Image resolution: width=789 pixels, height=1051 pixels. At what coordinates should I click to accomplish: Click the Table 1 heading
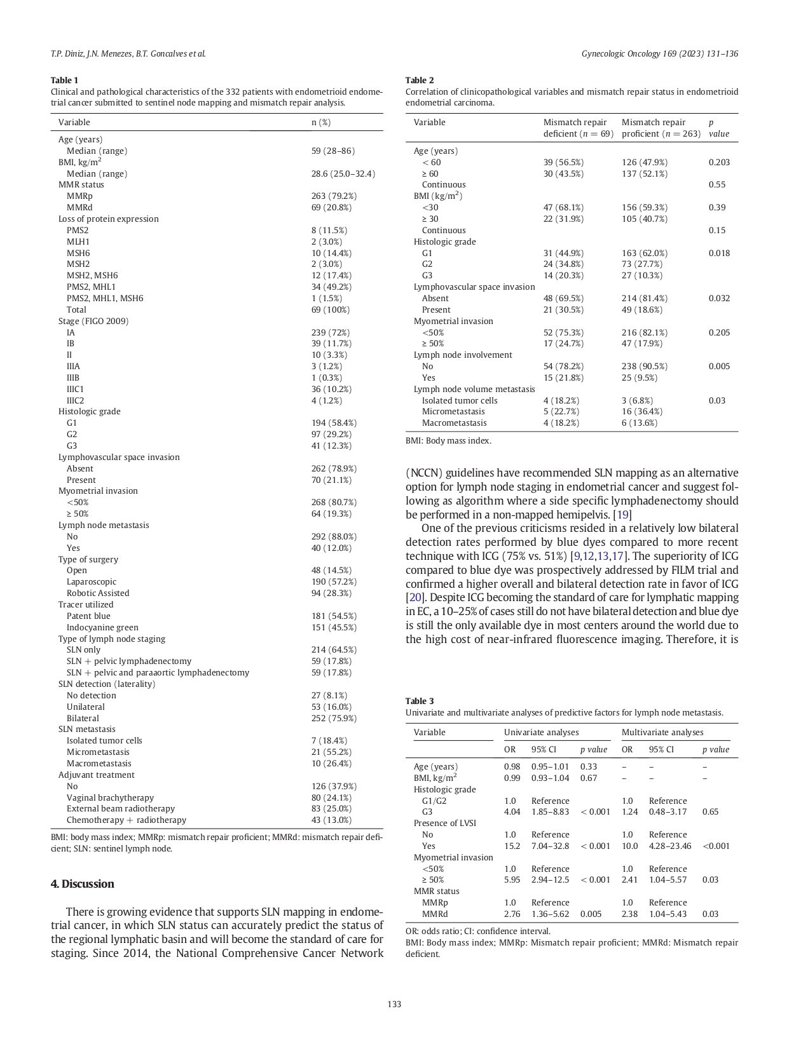pyautogui.click(x=64, y=80)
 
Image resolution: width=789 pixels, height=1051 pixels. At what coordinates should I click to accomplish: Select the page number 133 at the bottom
pyautogui.click(x=394, y=1005)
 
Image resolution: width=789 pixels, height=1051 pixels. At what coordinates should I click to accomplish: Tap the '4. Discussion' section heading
pyautogui.click(x=83, y=884)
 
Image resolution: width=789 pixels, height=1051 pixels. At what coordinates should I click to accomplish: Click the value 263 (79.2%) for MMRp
pyautogui.click(x=334, y=196)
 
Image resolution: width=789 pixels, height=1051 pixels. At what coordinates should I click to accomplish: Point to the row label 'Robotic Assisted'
pyautogui.click(x=98, y=593)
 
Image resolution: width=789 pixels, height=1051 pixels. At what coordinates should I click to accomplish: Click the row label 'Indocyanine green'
pyautogui.click(x=102, y=628)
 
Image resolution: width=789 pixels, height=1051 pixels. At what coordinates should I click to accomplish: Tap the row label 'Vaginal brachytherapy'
pyautogui.click(x=110, y=798)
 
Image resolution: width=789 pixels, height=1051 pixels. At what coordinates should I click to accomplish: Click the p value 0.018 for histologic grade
pyautogui.click(x=719, y=254)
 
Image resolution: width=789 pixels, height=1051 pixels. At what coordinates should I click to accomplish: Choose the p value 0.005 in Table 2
pyautogui.click(x=719, y=367)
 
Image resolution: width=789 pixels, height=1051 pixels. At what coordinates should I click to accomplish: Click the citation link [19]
pyautogui.click(x=622, y=515)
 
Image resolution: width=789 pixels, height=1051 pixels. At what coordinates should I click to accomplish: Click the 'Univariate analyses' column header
pyautogui.click(x=541, y=733)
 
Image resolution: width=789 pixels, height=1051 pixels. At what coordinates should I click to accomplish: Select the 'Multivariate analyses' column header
pyautogui.click(x=662, y=733)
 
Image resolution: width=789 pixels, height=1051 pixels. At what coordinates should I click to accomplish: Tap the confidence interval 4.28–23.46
pyautogui.click(x=670, y=846)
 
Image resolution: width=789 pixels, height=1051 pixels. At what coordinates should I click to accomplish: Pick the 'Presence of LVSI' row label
pyautogui.click(x=444, y=824)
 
